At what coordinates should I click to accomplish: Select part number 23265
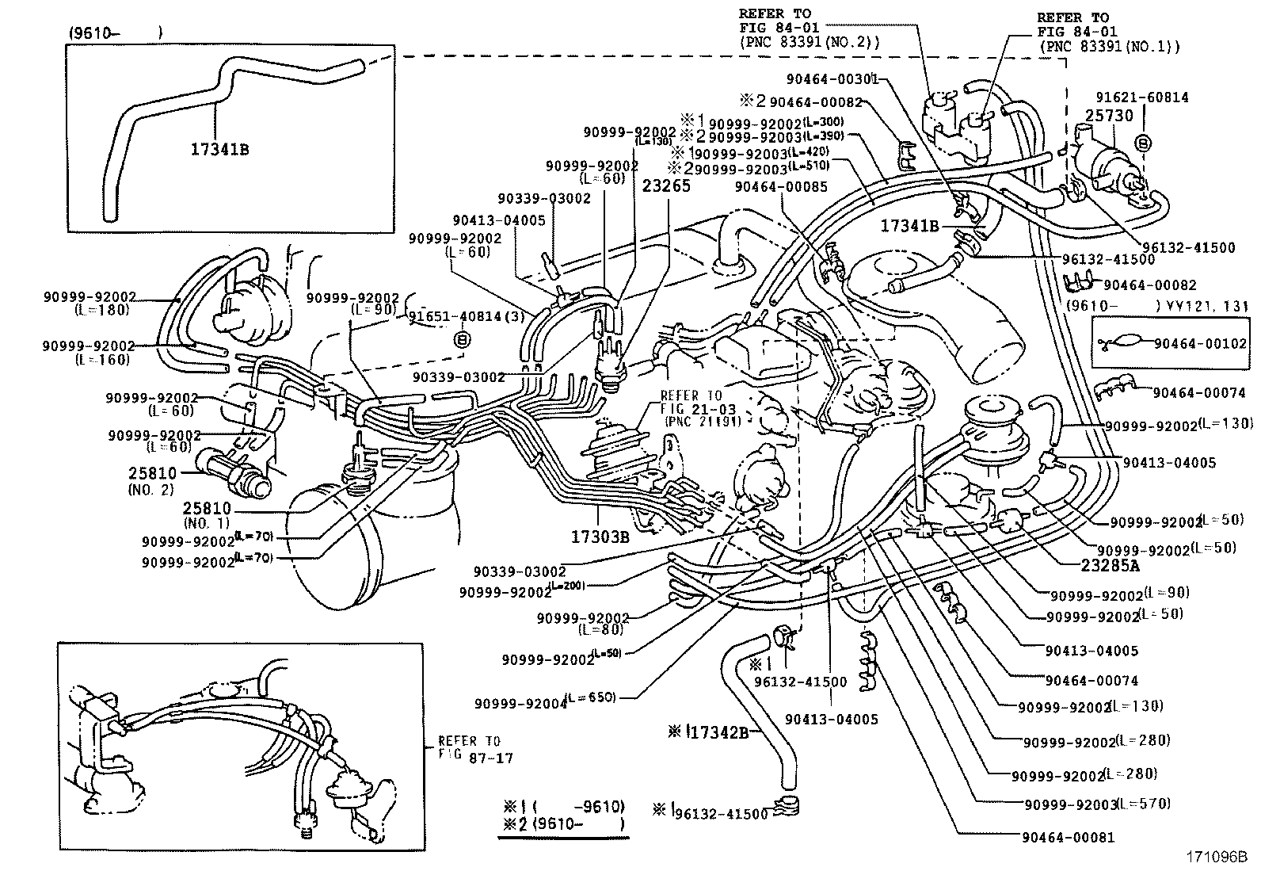pos(666,186)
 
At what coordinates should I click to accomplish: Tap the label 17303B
pos(600,537)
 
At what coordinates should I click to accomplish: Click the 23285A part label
pos(1111,567)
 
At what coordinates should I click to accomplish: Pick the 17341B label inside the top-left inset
pos(219,147)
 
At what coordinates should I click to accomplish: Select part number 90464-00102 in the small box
pos(1200,343)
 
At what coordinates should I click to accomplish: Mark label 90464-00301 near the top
pos(832,78)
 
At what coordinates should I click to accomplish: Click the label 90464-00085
pos(780,186)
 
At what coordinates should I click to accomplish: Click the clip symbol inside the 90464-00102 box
pos(1121,343)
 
